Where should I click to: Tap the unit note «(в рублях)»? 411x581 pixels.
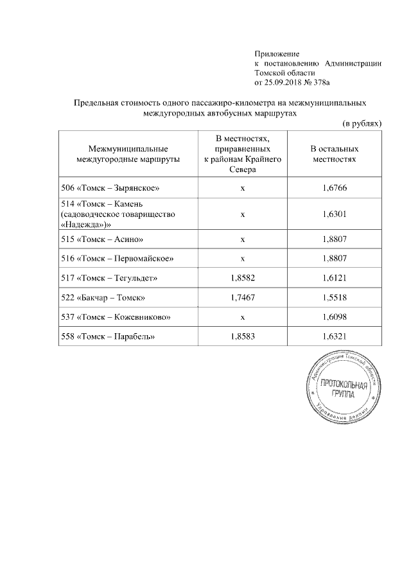pyautogui.click(x=362, y=122)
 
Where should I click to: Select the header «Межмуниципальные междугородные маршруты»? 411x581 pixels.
pyautogui.click(x=128, y=153)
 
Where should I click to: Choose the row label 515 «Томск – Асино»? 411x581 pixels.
pyautogui.click(x=100, y=239)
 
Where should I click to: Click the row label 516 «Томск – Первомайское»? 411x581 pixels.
pyautogui.click(x=116, y=259)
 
